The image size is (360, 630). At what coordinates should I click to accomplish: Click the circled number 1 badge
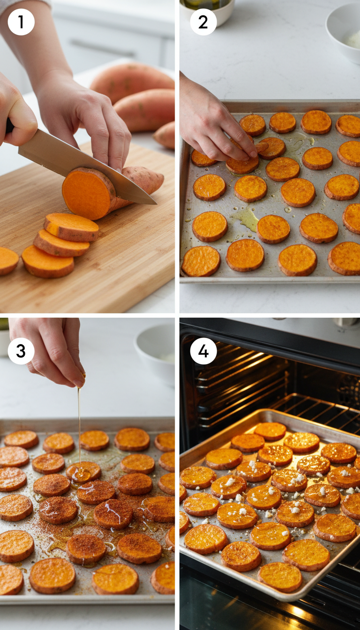[x=21, y=22]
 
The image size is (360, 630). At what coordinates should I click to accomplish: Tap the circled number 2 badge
[x=203, y=22]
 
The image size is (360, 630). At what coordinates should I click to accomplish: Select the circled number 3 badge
[x=21, y=351]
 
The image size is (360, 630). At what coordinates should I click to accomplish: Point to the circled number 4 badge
[x=203, y=351]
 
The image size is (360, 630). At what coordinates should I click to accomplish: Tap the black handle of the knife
[x=9, y=126]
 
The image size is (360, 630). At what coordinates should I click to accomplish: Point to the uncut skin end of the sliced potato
[x=145, y=180]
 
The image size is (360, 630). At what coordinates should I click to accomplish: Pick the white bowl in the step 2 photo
[x=345, y=33]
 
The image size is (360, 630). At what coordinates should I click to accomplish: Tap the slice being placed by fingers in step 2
[x=243, y=163]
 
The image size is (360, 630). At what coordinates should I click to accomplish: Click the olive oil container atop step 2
[x=206, y=6]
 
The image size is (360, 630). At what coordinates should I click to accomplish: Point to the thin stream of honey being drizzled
[x=79, y=422]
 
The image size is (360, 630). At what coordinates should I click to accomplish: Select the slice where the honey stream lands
[x=83, y=472]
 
